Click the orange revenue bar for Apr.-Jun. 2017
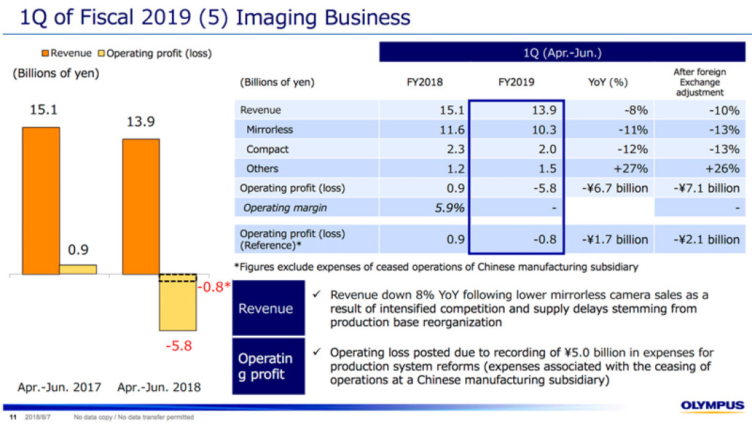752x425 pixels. [x=41, y=201]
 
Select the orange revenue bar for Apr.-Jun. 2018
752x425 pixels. [x=141, y=207]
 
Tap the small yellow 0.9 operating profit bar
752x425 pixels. [x=78, y=269]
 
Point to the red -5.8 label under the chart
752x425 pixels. [x=179, y=346]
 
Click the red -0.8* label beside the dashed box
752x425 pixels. [x=214, y=287]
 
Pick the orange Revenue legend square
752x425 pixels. [x=45, y=53]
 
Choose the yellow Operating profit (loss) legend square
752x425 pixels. [x=101, y=53]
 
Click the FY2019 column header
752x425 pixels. [x=516, y=82]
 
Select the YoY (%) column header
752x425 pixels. [x=608, y=82]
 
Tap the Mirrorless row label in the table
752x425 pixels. [x=269, y=130]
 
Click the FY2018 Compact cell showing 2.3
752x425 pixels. [x=455, y=149]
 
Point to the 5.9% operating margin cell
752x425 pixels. [x=450, y=208]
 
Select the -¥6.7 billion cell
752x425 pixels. [x=615, y=188]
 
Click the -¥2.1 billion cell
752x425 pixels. [x=707, y=240]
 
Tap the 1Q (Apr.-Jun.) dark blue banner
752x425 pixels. [x=562, y=52]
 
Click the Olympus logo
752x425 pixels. [x=713, y=405]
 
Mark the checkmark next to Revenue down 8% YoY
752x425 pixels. [x=317, y=294]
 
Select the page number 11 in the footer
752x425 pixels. [x=13, y=417]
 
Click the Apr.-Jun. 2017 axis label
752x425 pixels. [x=59, y=387]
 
